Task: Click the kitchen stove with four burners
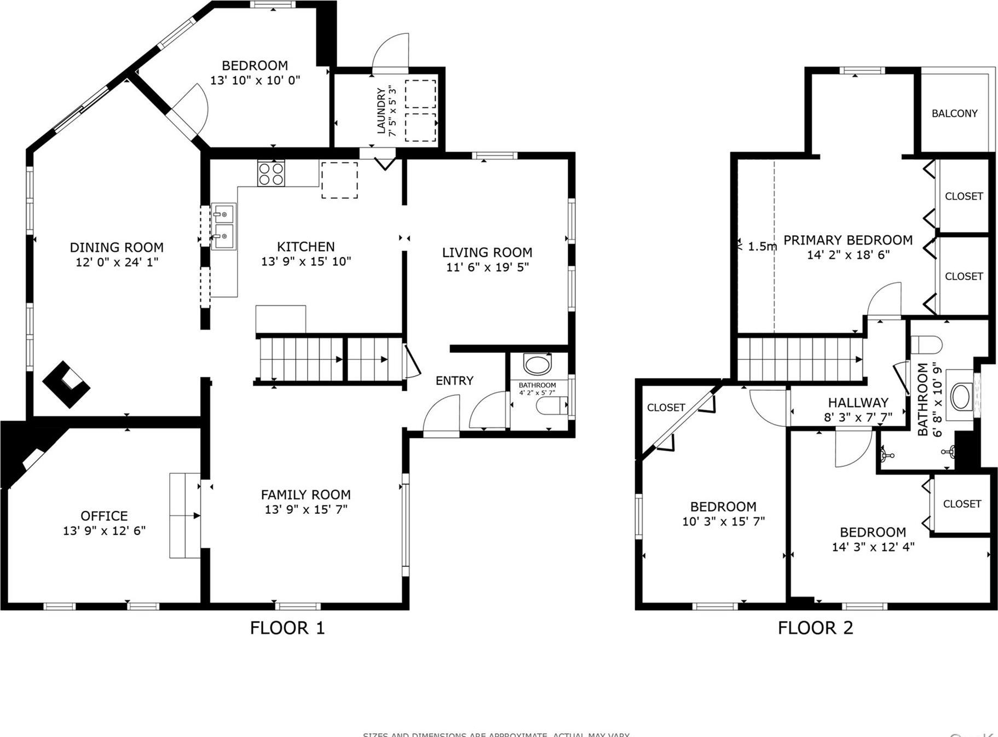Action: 271,173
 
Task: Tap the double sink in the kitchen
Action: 223,227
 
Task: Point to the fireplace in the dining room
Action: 66,384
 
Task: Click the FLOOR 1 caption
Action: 287,628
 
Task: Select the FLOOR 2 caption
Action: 815,628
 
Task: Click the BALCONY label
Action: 954,113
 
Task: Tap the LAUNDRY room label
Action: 382,111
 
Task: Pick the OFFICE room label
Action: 104,516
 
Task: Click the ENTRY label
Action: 454,381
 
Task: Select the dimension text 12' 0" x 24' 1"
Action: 117,262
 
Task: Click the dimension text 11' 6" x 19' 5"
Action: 487,267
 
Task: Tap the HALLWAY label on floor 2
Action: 858,403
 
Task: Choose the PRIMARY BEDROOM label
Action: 848,240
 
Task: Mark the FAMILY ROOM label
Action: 305,495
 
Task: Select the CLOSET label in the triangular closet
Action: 666,408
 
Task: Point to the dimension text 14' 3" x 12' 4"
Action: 873,547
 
